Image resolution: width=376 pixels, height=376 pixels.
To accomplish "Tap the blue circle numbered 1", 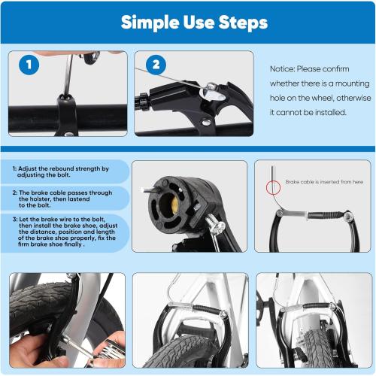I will pyautogui.click(x=29, y=65).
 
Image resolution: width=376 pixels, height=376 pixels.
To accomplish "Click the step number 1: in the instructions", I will pyautogui.click(x=15, y=169).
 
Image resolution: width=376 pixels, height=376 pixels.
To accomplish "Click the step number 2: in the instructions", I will pyautogui.click(x=15, y=192).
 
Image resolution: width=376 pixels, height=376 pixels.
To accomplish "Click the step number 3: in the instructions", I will pyautogui.click(x=15, y=219).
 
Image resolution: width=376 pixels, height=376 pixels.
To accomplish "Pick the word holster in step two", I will pyautogui.click(x=44, y=199).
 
